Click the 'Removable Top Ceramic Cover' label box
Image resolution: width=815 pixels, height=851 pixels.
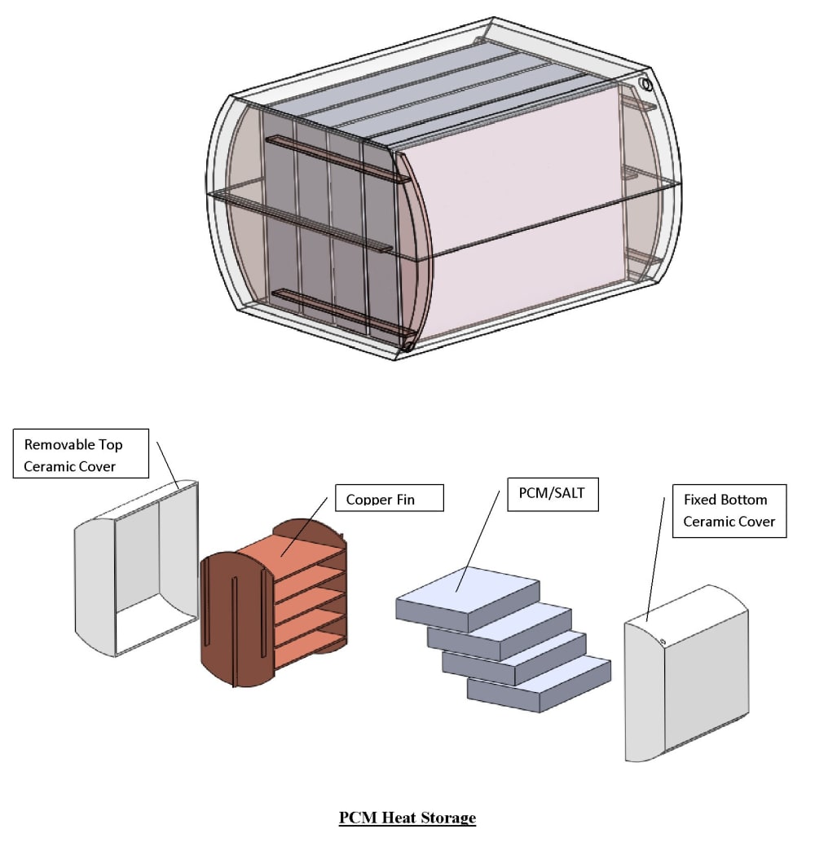(81, 453)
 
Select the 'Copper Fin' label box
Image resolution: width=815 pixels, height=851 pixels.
(389, 498)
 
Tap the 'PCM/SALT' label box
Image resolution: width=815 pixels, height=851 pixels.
(553, 494)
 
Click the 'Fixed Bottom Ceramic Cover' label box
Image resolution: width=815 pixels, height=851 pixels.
(729, 509)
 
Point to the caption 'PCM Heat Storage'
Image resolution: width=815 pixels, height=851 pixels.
(407, 817)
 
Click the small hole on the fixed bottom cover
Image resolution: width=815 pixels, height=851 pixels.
(663, 642)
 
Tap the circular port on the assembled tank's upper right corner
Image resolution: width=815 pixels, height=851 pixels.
(646, 85)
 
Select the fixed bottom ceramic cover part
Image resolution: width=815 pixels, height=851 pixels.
(701, 677)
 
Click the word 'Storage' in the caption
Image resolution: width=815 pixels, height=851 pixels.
(447, 817)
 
